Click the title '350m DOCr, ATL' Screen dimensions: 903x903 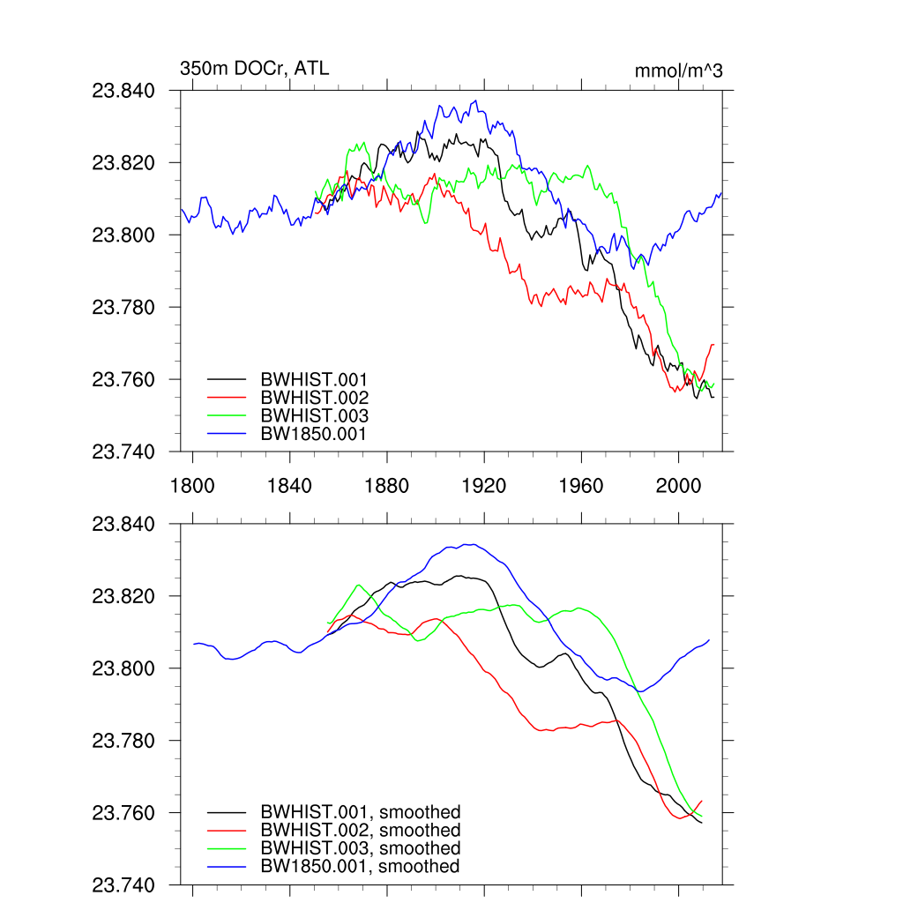[x=254, y=68]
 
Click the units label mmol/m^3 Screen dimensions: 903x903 [x=678, y=71]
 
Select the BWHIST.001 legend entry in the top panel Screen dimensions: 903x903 [x=314, y=379]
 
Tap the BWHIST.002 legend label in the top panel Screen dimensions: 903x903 [x=314, y=398]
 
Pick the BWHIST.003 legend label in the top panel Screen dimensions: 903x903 [x=314, y=415]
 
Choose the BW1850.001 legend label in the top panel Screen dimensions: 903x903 [x=313, y=434]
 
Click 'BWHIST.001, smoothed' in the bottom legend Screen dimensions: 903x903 [x=360, y=812]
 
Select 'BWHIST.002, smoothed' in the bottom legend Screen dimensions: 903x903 [x=360, y=831]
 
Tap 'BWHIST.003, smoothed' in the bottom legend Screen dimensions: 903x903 [x=360, y=848]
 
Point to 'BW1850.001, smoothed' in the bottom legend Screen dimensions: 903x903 [x=359, y=867]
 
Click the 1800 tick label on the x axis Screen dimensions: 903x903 [x=192, y=486]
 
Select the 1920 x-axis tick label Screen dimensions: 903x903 [x=484, y=486]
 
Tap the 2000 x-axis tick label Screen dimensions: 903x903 [x=679, y=486]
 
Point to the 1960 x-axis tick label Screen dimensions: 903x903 [x=581, y=486]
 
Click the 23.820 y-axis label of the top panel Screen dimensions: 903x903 [x=130, y=163]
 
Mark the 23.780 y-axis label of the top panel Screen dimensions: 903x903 [x=130, y=308]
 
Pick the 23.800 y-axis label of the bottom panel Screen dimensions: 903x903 [x=130, y=668]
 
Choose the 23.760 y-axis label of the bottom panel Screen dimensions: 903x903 [x=130, y=813]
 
